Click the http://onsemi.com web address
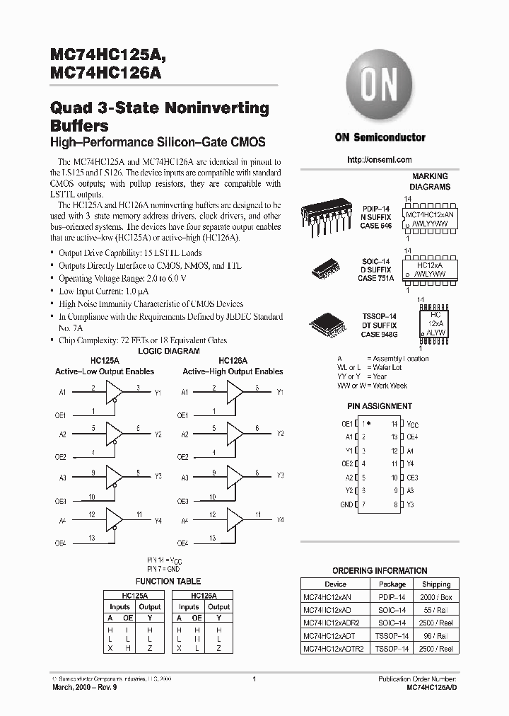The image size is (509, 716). point(380,160)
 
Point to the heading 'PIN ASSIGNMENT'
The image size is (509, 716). point(380,406)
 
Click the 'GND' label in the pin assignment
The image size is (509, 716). point(346,504)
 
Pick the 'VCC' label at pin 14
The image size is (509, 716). point(413,424)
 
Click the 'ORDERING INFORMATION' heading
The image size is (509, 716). point(380,570)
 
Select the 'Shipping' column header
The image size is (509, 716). point(436,584)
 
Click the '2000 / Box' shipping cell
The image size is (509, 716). point(436,597)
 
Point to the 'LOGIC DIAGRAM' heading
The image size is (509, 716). point(168,351)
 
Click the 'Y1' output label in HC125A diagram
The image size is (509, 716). point(158,392)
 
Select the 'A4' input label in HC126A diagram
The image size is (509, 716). point(185,520)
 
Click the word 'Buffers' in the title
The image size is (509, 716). point(79,126)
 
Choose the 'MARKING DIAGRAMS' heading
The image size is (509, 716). point(430,182)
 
